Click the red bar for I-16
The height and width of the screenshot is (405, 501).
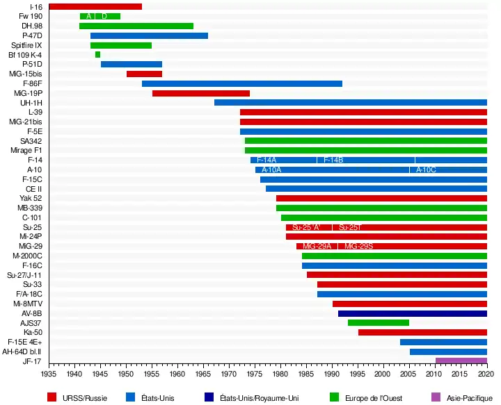point(95,7)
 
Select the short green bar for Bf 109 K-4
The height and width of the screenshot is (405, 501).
point(97,55)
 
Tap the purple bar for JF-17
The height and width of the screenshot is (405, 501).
point(461,361)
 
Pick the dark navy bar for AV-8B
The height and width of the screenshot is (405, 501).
point(412,313)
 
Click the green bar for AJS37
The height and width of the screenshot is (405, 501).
point(378,323)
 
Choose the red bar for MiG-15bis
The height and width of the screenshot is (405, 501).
point(144,74)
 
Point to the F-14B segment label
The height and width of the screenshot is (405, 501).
point(333,160)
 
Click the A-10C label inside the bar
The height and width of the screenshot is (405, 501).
point(426,170)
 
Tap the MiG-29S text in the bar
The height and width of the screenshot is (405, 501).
point(358,247)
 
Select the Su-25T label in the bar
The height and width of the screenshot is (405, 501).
point(349,227)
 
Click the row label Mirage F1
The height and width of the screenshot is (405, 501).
point(26,150)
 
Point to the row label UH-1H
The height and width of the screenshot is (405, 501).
point(31,103)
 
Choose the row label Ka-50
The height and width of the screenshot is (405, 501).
point(33,332)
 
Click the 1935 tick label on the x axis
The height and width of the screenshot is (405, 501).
point(49,374)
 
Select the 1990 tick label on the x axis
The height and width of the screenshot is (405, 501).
point(332,374)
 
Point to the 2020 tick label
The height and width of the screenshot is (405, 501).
point(486,374)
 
